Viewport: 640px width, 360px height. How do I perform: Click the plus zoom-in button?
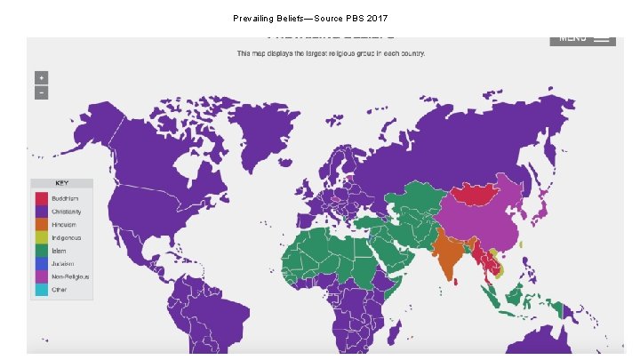click(x=41, y=77)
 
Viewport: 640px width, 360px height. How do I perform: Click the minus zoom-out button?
click(x=41, y=92)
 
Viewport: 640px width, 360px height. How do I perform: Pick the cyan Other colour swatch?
click(x=41, y=290)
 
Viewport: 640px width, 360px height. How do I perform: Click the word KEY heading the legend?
click(x=61, y=183)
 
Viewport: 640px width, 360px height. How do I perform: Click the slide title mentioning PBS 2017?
click(x=310, y=18)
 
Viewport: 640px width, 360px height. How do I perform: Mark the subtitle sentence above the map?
click(x=331, y=53)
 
